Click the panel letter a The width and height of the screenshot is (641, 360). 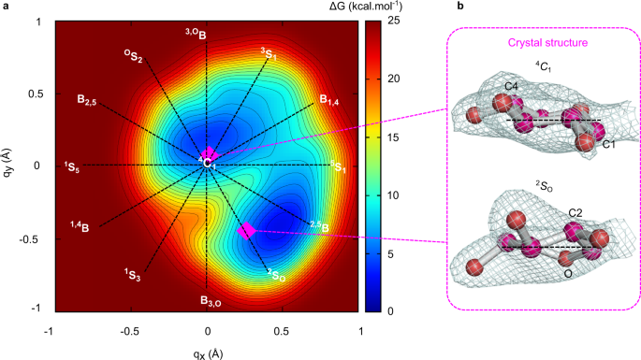pyautogui.click(x=7, y=7)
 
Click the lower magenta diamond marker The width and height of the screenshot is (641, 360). pyautogui.click(x=247, y=230)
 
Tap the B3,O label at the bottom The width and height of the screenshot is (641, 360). pyautogui.click(x=210, y=301)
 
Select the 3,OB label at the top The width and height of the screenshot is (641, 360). pyautogui.click(x=196, y=34)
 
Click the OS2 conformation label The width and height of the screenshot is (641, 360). pyautogui.click(x=134, y=57)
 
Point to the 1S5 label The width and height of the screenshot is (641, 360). pyautogui.click(x=72, y=167)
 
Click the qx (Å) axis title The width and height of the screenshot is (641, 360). pyautogui.click(x=207, y=353)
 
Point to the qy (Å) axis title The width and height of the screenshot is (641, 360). pyautogui.click(x=8, y=164)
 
